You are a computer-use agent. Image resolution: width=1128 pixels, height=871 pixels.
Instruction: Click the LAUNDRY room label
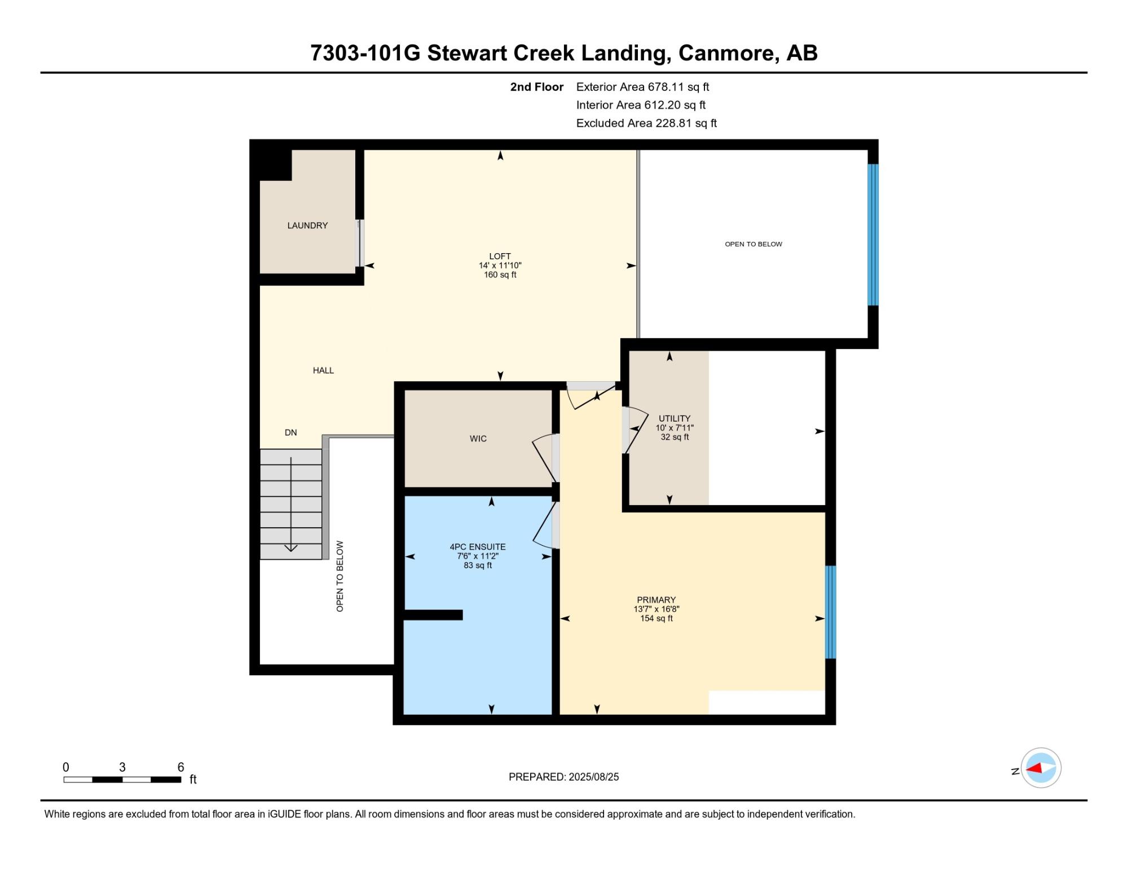307,226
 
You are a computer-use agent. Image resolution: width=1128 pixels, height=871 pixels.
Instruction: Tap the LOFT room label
500,256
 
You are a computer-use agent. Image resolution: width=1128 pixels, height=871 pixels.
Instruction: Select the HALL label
323,370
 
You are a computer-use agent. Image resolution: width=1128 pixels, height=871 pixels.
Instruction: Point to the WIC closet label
478,439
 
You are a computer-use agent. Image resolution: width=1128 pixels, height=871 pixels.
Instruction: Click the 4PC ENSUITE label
478,547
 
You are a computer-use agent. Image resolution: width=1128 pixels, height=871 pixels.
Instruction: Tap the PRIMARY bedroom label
656,600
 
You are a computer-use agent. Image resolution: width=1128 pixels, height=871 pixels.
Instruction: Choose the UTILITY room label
675,418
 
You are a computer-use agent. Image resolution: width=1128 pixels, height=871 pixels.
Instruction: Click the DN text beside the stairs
290,432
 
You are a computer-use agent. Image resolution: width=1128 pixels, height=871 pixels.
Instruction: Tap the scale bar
122,780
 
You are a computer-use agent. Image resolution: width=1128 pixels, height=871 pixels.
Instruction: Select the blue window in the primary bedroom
830,612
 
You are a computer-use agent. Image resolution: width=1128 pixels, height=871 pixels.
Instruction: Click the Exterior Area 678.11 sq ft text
642,87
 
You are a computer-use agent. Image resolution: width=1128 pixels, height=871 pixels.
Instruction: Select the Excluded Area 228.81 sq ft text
646,123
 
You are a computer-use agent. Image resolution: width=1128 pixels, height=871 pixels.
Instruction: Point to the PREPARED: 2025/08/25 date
563,777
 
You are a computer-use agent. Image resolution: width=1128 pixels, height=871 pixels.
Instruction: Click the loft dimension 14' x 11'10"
500,266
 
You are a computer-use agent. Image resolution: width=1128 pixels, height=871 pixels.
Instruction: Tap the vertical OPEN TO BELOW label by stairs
340,576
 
